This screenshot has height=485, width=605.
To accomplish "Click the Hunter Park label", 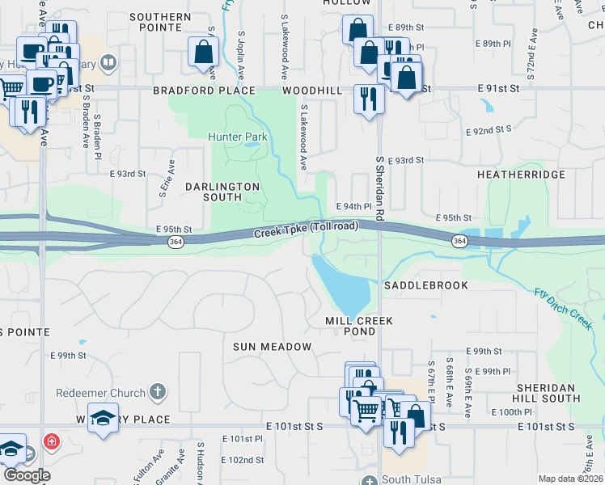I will [x=237, y=137].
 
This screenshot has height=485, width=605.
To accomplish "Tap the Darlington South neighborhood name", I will [x=222, y=192].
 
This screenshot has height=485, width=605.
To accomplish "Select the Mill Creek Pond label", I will [x=360, y=326].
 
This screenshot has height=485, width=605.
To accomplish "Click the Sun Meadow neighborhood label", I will [x=272, y=347].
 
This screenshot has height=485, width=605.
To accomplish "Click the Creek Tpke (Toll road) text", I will [x=306, y=230].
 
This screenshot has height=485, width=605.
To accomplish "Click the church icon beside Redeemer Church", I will [x=158, y=393].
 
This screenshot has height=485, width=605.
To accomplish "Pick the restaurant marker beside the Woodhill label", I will [x=369, y=99].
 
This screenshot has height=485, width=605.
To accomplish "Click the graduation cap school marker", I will [x=103, y=420].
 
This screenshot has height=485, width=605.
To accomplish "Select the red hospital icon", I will [x=51, y=442].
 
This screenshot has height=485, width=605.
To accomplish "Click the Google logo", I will [x=27, y=475].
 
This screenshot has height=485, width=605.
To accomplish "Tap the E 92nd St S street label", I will [x=490, y=129].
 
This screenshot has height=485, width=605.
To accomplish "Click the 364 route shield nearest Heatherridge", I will [x=459, y=241].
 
